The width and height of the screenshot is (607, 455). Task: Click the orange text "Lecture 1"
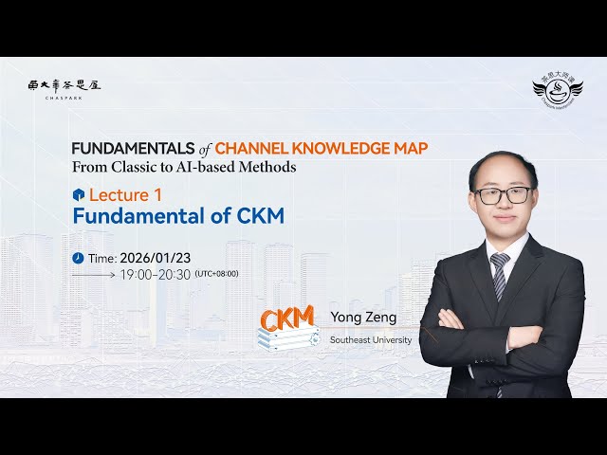click(120, 194)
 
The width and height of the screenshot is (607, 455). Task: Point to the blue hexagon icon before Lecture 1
click(79, 194)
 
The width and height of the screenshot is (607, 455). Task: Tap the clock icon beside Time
click(78, 258)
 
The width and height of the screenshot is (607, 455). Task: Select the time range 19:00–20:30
click(155, 275)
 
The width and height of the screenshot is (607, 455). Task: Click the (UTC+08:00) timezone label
click(216, 275)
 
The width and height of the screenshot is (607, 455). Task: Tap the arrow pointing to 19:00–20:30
click(94, 275)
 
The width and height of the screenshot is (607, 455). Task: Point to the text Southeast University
click(371, 339)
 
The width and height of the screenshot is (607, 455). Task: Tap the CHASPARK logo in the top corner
click(64, 85)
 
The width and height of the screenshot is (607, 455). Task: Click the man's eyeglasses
click(503, 194)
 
